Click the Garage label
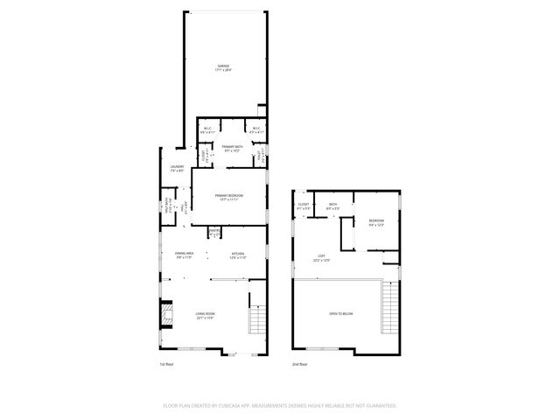click(x=224, y=67)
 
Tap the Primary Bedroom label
click(x=229, y=197)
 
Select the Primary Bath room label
click(x=232, y=148)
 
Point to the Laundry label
click(x=176, y=168)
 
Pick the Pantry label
click(x=213, y=233)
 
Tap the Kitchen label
click(x=238, y=255)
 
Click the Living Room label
click(x=205, y=316)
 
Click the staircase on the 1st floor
click(x=257, y=321)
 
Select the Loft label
click(x=322, y=258)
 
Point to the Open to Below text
click(x=340, y=312)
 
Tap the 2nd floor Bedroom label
click(x=376, y=222)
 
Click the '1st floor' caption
click(x=166, y=363)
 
